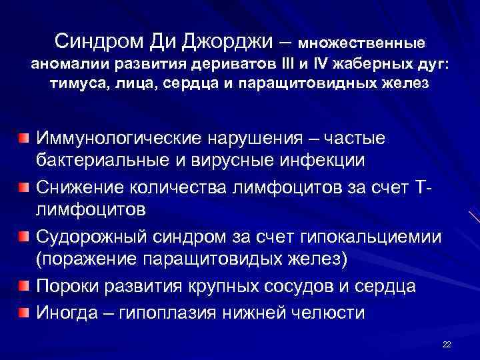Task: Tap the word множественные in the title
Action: [x=361, y=43]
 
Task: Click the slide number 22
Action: [x=447, y=344]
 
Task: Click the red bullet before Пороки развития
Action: [x=24, y=287]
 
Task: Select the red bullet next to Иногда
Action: [x=24, y=311]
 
